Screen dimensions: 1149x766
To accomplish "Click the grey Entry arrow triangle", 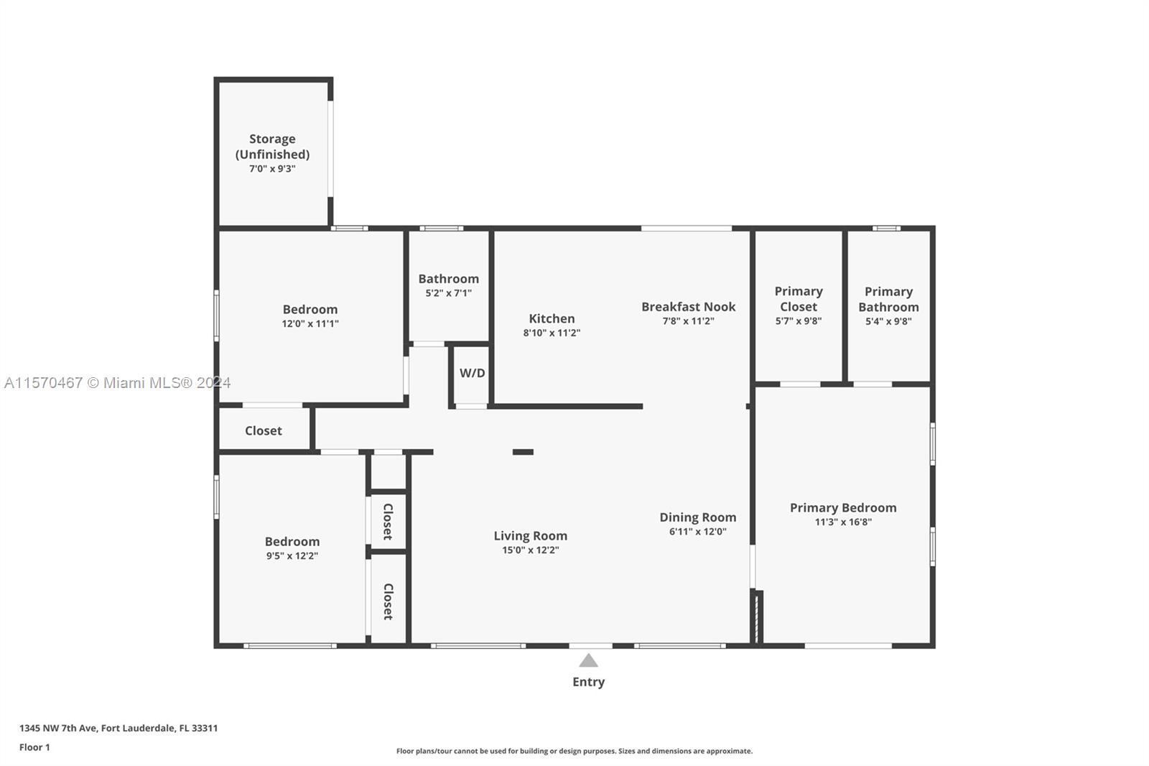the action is point(588,660).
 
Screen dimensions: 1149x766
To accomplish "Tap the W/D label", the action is point(472,373).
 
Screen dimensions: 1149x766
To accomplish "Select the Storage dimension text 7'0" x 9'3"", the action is point(272,168).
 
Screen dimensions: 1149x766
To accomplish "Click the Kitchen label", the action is point(552,318).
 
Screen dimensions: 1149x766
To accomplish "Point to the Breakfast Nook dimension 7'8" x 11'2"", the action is point(689,321).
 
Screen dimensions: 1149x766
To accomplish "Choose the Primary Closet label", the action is point(799,299).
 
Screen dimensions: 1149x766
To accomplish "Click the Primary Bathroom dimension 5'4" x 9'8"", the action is point(888,321).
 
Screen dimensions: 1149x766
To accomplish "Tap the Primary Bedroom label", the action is point(843,508).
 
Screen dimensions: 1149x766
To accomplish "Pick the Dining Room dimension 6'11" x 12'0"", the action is point(697,531).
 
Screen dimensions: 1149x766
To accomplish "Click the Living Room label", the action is point(531,535).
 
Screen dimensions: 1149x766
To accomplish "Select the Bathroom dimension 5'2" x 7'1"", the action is point(448,293).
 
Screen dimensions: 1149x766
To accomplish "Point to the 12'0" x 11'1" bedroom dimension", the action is point(310,323).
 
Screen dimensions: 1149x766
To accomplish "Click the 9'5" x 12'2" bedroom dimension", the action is point(292,555).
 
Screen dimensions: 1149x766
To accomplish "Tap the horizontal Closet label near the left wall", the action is point(263,430).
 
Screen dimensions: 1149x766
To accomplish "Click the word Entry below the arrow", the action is point(588,682).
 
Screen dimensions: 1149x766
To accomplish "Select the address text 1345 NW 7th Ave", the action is point(58,728).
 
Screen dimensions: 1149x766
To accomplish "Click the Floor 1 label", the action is point(34,747).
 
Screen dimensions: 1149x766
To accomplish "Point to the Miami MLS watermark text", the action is point(118,382).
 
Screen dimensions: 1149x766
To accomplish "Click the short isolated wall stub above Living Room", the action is point(524,452).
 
